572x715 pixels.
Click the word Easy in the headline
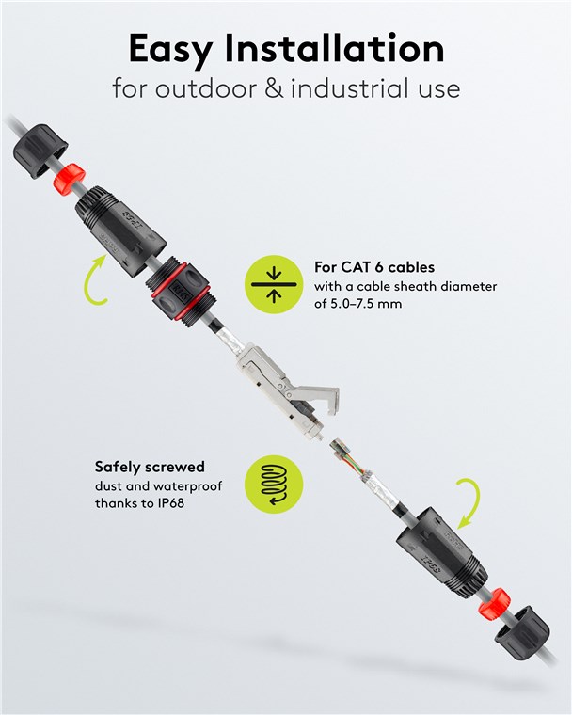click(x=169, y=50)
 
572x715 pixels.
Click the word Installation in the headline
click(x=334, y=48)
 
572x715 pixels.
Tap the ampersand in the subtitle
click(x=274, y=88)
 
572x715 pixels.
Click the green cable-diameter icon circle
click(x=274, y=284)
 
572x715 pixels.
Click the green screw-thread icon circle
click(x=274, y=485)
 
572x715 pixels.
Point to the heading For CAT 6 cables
click(x=374, y=267)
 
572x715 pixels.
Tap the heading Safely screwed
click(x=150, y=467)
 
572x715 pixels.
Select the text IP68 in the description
click(x=169, y=503)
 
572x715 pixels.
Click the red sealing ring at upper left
click(x=70, y=178)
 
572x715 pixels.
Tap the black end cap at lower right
click(x=522, y=632)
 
